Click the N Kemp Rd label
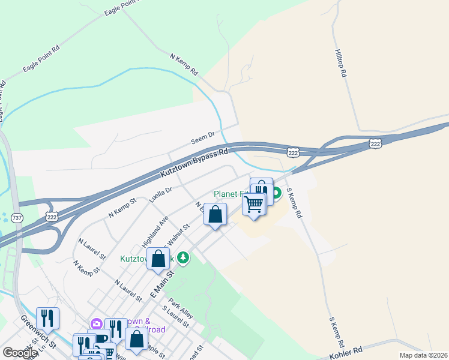point(184,64)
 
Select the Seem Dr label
point(202,138)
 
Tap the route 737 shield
point(17,218)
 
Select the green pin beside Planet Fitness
point(277,194)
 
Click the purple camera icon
point(96,324)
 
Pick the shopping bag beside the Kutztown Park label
point(158,259)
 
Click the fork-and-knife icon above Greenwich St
point(47,318)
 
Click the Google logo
point(20,352)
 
